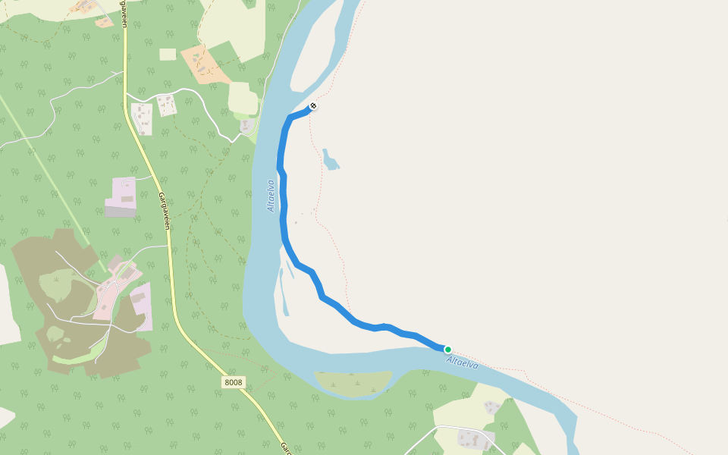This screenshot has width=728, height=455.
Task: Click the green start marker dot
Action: pos(448,350)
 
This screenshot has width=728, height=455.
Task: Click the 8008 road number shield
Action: pos(234,382)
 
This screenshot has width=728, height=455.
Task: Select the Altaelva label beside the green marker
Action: pos(463,362)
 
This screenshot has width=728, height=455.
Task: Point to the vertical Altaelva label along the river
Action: pos(271,195)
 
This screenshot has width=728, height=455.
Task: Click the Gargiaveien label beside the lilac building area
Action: pos(163,211)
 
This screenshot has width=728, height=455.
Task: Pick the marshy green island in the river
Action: pos(352,382)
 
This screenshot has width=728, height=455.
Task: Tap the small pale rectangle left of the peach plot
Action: pos(168,55)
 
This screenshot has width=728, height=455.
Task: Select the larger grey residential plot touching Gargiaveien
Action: pos(142,118)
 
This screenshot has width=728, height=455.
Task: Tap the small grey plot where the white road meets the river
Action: pos(247,126)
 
